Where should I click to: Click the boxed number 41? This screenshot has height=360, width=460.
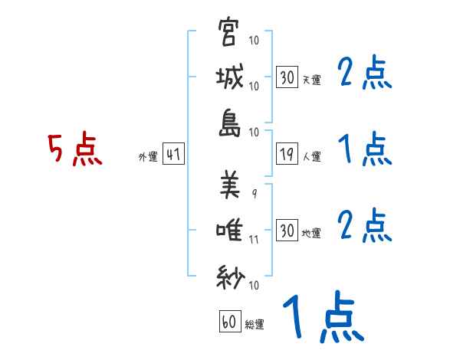pos(172,155)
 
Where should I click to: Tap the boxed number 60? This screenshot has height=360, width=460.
pos(229,322)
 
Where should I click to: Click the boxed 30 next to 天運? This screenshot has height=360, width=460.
pos(287,77)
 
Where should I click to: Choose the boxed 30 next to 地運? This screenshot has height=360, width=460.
pos(287,231)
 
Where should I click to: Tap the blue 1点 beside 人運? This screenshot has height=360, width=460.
pos(365,149)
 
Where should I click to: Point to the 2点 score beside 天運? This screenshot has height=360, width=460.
pos(365,74)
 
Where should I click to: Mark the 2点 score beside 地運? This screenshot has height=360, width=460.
pos(365,226)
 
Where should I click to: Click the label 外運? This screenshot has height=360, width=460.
pos(147,157)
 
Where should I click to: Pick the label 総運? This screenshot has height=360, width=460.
pos(255,325)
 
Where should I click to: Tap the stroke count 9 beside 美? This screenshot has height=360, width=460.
pos(254,193)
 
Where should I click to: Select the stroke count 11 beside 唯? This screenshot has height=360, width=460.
pos(254,239)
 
